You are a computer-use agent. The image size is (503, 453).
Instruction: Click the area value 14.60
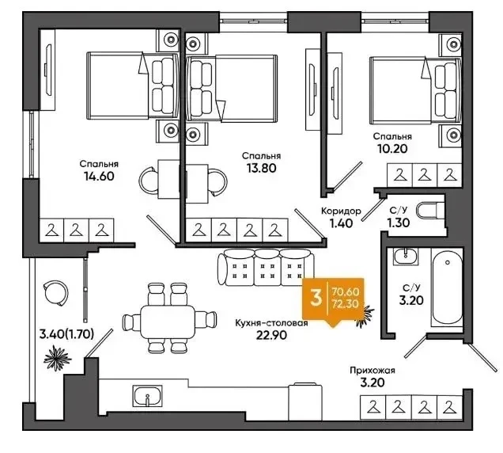pos(99,176)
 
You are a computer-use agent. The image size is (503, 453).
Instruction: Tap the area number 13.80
pos(262,168)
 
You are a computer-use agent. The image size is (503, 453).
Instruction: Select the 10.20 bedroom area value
pos(392,149)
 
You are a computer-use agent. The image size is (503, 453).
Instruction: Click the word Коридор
pos(341,211)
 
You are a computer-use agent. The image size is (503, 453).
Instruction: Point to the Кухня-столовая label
pos(271,323)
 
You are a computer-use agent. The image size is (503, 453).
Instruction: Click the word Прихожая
pos(373,371)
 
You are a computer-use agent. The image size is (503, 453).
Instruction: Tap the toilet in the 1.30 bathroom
pos(431,211)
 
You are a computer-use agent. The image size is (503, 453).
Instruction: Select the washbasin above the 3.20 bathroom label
pos(406,256)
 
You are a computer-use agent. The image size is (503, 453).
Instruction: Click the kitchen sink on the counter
pos(147,395)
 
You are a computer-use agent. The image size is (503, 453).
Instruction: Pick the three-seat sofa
pos(266,268)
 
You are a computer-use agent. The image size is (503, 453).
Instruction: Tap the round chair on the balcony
pos(55,293)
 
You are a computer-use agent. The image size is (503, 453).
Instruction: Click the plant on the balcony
pos(57,358)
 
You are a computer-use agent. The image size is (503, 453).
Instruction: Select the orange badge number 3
pos(316,298)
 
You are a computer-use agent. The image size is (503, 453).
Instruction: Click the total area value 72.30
pos(346,303)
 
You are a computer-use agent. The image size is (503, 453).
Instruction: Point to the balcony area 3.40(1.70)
pos(66,334)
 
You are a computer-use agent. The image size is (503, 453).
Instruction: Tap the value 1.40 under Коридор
pos(342,223)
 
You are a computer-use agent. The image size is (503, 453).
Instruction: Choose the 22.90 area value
pos(271,335)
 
